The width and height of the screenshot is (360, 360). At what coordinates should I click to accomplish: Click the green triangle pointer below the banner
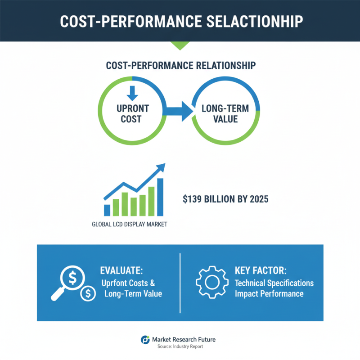pyautogui.click(x=180, y=45)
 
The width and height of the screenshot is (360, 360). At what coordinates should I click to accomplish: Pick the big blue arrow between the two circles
pyautogui.click(x=177, y=111)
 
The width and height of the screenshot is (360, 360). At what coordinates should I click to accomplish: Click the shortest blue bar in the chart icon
pyautogui.click(x=107, y=210)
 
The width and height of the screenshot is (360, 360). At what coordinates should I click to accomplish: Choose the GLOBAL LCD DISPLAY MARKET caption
pyautogui.click(x=130, y=224)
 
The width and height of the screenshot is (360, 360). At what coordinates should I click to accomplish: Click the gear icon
pyautogui.click(x=210, y=282)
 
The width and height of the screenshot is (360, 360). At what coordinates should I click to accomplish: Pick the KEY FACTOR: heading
pyautogui.click(x=261, y=271)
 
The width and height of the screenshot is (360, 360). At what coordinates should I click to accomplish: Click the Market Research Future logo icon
pyautogui.click(x=145, y=340)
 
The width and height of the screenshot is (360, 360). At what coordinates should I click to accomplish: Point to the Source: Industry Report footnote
pyautogui.click(x=180, y=347)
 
